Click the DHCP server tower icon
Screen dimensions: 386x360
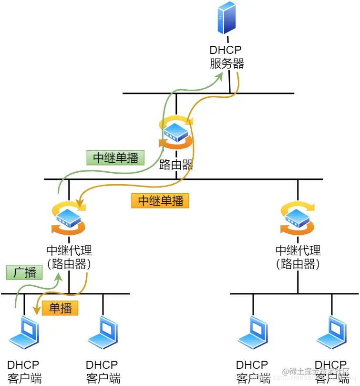(x=227, y=18)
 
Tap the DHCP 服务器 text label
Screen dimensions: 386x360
(x=227, y=56)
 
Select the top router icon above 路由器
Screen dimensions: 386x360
(x=176, y=132)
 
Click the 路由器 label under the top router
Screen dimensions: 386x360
(x=176, y=165)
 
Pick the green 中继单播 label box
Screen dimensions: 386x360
(x=115, y=158)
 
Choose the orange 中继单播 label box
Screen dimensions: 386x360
(x=161, y=200)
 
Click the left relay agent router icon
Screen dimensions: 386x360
(x=69, y=219)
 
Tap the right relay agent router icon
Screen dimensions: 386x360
(x=298, y=219)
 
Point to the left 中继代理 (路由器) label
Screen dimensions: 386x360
(x=69, y=257)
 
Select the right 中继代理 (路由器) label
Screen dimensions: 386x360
(x=298, y=257)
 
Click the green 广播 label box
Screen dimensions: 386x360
(x=24, y=272)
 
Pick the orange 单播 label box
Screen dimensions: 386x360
(x=60, y=308)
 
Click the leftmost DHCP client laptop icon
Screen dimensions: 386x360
(x=25, y=333)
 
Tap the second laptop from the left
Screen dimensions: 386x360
(x=103, y=333)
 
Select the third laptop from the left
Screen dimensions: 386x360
(x=253, y=333)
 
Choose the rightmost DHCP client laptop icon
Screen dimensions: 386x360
(x=331, y=333)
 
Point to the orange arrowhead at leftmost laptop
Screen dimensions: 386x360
(x=36, y=311)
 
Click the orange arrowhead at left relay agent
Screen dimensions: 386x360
(x=82, y=206)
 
